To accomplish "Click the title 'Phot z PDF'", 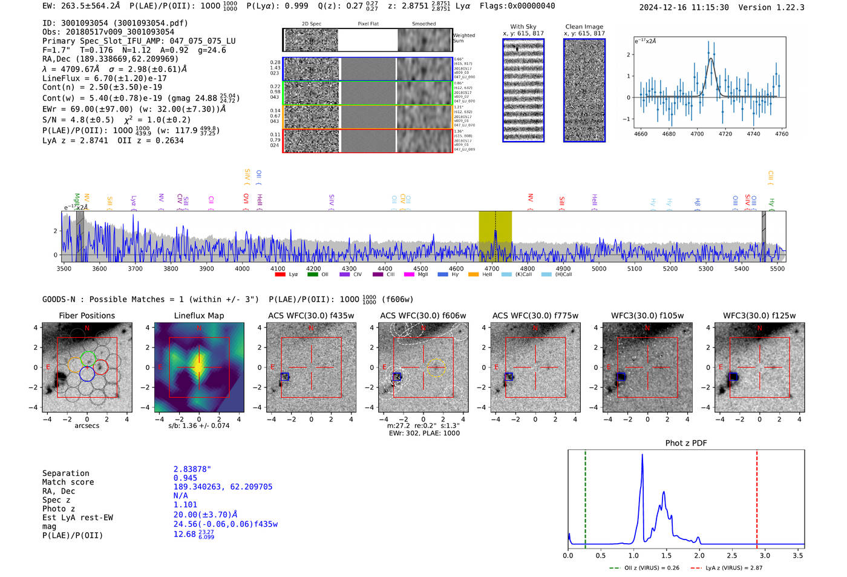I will point(685,443).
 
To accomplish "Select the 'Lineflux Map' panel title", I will point(199,315).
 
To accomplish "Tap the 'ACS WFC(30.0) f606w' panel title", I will point(423,315).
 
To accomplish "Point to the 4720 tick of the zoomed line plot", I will point(725,134).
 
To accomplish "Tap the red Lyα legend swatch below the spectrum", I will point(280,274).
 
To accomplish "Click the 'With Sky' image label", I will point(523,27).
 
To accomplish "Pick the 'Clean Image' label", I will point(584,27).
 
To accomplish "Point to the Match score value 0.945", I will point(185,478).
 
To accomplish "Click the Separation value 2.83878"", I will point(192,469).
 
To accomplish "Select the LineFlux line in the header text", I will point(104,78).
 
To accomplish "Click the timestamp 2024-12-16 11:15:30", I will point(684,7).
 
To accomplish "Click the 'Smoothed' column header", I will point(423,24).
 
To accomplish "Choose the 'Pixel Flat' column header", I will point(368,24).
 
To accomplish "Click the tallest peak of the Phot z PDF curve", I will point(642,455).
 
